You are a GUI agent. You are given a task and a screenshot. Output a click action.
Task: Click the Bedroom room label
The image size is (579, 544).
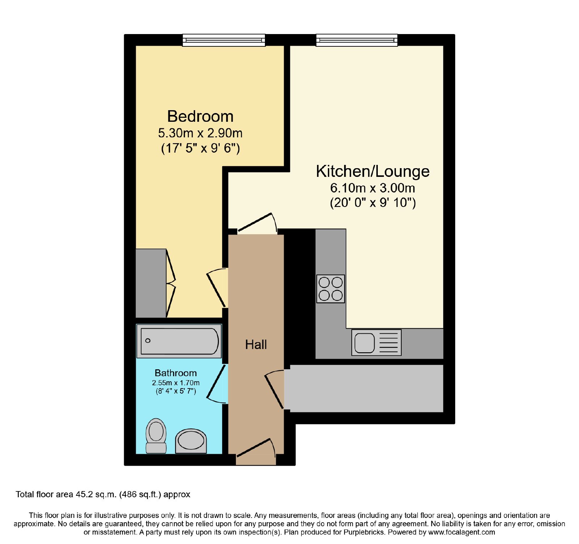click(200, 116)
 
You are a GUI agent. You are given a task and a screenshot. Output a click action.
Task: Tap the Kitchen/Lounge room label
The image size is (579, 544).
click(373, 171)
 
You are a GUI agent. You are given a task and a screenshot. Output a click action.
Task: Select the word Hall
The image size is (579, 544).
click(256, 344)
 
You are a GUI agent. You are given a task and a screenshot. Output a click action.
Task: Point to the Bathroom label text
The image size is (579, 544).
click(176, 373)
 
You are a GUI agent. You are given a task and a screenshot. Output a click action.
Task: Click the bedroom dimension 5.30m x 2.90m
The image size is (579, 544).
click(200, 133)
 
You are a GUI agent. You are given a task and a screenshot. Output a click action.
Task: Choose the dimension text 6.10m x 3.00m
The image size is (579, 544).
click(373, 188)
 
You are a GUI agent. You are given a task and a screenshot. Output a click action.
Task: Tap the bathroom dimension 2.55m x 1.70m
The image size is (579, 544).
click(176, 383)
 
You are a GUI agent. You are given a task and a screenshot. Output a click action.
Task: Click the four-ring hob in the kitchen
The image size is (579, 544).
click(330, 288)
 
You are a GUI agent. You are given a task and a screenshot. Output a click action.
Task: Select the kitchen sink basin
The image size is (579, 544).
click(364, 342)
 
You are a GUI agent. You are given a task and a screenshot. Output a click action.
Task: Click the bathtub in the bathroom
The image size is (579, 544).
click(179, 341)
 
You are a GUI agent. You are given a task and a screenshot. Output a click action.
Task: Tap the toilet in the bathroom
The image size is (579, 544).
click(156, 436)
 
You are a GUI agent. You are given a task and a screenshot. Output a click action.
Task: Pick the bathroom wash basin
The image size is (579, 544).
click(191, 441)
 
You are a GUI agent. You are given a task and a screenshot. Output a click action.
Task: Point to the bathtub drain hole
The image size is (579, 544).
click(148, 341)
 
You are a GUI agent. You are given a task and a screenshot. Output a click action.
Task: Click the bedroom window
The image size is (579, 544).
click(224, 40)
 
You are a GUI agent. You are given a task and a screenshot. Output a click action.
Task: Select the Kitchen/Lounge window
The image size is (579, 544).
click(357, 40)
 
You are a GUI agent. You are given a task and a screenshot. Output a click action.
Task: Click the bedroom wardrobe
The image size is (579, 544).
click(151, 283)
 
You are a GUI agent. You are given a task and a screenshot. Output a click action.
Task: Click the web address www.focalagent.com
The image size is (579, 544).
click(461, 532)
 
